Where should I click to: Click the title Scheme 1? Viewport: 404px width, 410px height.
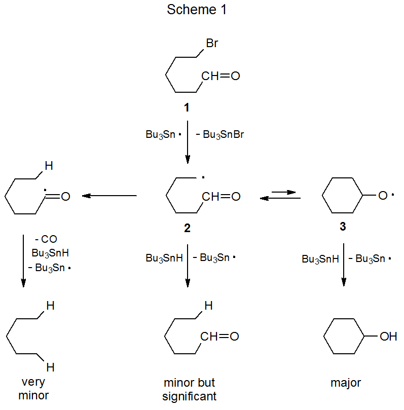[197, 10]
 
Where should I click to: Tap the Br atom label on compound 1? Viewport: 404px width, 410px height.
[212, 44]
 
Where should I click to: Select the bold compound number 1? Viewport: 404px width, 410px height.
[187, 107]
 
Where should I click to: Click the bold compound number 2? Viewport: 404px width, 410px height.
[187, 228]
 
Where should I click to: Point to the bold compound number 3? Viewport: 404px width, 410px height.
[343, 227]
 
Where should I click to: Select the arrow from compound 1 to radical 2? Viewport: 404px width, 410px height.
[188, 142]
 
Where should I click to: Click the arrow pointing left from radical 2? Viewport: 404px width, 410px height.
[109, 196]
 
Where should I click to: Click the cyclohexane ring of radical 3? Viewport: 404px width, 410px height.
[343, 196]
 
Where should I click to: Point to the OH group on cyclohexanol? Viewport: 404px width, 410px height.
[388, 337]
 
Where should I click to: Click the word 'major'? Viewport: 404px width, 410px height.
[346, 383]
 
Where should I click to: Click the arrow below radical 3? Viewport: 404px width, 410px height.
[344, 265]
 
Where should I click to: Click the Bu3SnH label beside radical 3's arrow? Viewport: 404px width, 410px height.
[320, 259]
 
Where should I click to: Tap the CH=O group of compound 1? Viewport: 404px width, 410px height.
[220, 77]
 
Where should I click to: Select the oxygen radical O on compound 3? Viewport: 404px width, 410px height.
[383, 196]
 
